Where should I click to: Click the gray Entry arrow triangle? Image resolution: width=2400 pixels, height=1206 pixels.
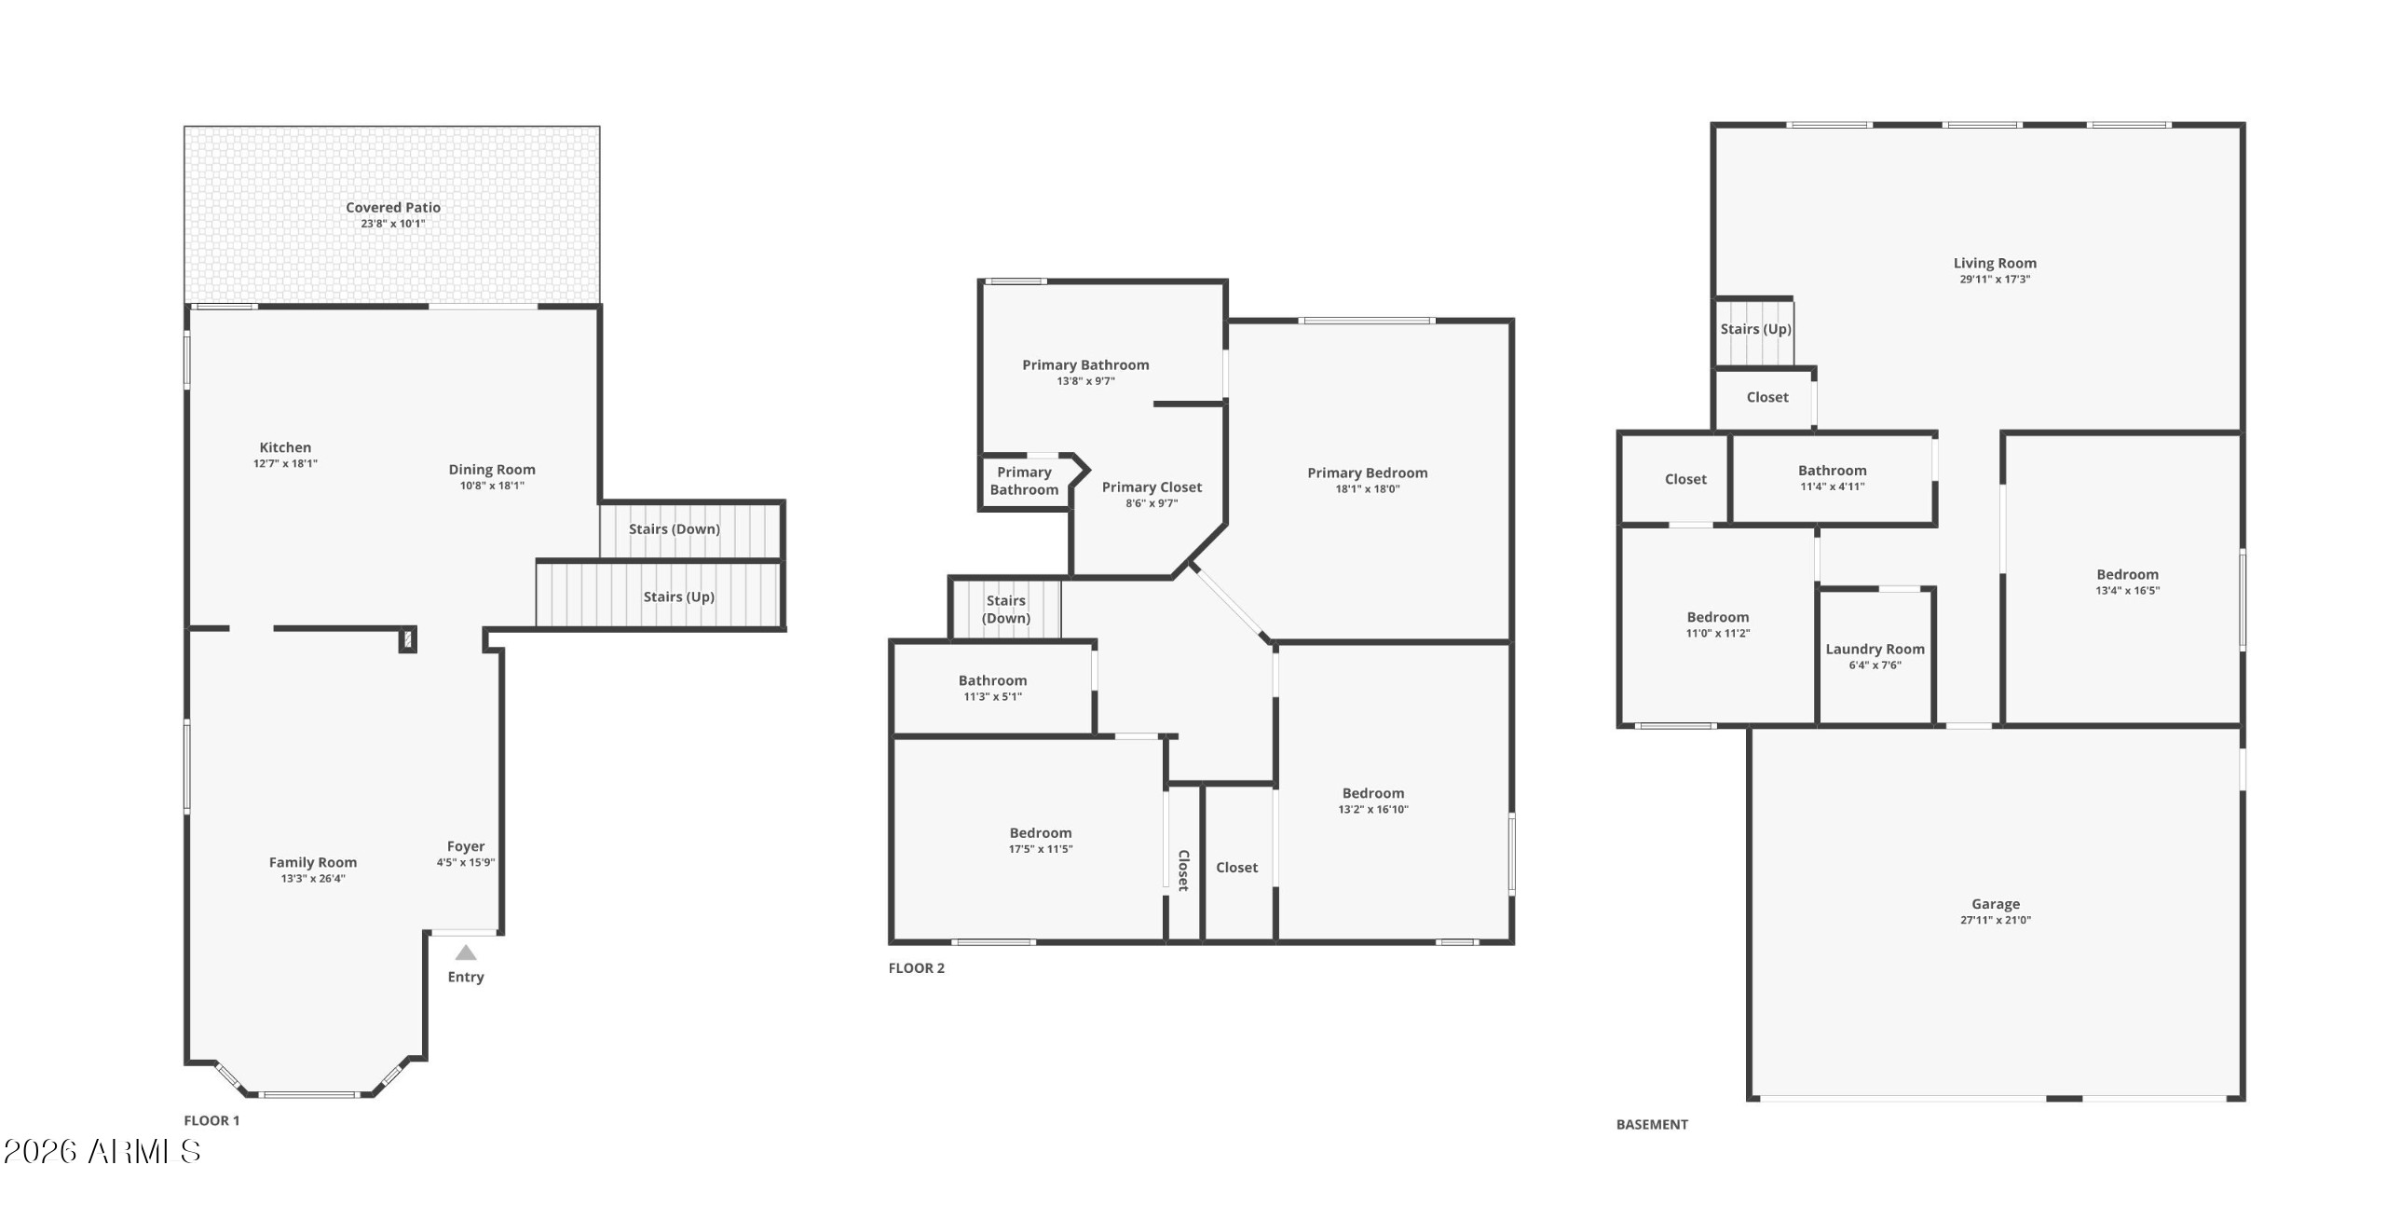pos(466,952)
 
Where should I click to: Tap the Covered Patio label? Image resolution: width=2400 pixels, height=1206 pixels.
pos(393,207)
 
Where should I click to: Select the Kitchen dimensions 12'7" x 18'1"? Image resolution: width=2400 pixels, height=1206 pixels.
pos(285,463)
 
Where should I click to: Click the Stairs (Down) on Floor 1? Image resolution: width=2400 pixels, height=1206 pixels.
pos(675,528)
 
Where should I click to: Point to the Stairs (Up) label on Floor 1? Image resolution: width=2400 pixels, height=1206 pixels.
pos(679,596)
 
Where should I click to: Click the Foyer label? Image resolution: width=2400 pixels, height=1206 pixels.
pos(466,846)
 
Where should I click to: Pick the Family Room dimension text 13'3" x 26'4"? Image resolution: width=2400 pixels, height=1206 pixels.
pos(313,878)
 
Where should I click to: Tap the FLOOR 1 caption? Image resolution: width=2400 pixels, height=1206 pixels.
pos(211,1120)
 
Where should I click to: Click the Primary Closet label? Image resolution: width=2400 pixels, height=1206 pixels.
pos(1152,487)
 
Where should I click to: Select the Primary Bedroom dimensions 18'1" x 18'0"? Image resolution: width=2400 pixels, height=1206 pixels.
pos(1368,488)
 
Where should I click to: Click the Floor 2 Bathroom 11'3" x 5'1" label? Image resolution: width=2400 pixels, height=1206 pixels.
pos(993,680)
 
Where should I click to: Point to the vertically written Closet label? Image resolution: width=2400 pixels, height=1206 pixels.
pos(1183,870)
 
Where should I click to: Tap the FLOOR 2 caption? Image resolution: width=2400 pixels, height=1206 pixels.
pos(917,967)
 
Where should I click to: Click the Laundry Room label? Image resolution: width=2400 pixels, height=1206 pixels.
pos(1875,649)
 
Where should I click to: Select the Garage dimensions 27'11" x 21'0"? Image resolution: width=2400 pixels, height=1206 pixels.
pos(1996,920)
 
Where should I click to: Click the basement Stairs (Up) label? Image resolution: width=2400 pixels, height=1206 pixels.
pos(1756,329)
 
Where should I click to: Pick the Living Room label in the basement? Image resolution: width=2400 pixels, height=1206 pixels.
pos(1995,263)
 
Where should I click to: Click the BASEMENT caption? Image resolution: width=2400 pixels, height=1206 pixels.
pos(1652,1124)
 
